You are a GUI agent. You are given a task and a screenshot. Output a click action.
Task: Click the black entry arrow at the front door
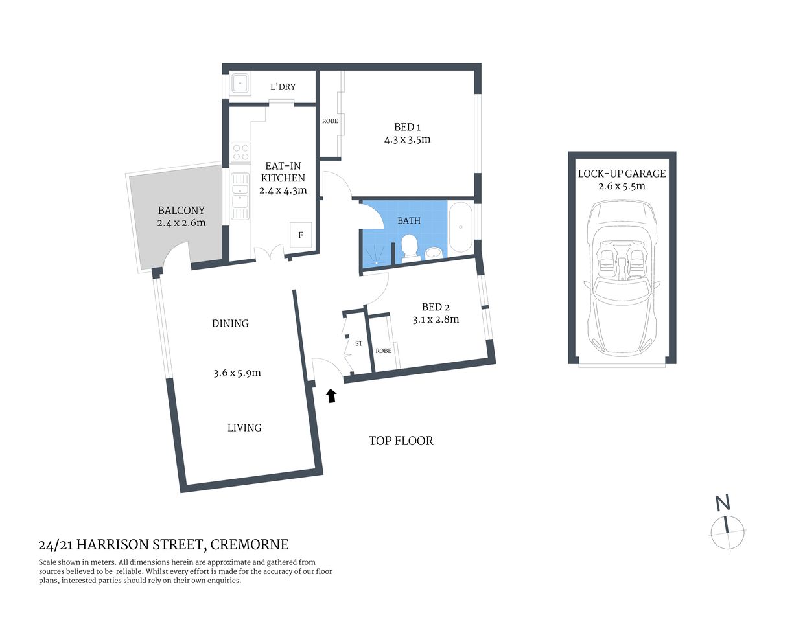[x=331, y=395]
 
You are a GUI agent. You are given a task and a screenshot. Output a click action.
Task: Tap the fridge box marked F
[x=301, y=235]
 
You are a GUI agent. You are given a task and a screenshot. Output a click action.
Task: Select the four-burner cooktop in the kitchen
[x=241, y=152]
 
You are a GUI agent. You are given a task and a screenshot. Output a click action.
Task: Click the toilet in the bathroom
[x=409, y=247]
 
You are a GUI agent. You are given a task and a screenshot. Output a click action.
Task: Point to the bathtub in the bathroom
[x=461, y=227]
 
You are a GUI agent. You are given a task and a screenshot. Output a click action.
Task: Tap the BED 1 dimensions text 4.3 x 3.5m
[x=407, y=139]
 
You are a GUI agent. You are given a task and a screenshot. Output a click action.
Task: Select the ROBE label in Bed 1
[x=330, y=121]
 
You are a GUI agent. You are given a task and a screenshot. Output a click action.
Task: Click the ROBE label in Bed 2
[x=383, y=351]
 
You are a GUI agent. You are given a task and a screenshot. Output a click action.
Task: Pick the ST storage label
[x=358, y=343]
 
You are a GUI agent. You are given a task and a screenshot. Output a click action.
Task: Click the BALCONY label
[x=181, y=211]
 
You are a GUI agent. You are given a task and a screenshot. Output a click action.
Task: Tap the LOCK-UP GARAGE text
[x=622, y=174]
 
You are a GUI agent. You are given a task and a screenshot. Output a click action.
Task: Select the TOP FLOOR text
[x=401, y=441]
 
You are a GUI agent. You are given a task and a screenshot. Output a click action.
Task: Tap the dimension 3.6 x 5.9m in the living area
[x=237, y=373]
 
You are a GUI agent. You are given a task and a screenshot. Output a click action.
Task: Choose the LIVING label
[x=244, y=428]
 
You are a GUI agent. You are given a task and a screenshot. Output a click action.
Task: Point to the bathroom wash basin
[x=434, y=252]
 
